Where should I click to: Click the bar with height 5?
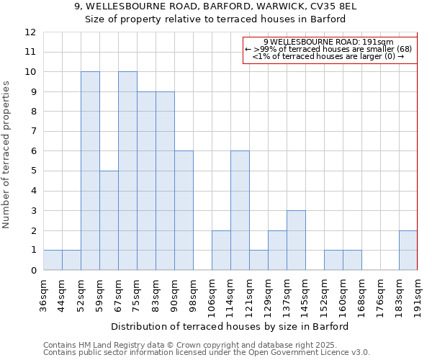[109, 220]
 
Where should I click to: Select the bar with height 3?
[296, 240]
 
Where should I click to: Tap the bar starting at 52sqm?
[90, 171]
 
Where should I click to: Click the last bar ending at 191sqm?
[408, 250]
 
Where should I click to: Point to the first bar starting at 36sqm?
[53, 260]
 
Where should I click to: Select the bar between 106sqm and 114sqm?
[221, 250]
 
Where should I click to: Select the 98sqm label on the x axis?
[193, 295]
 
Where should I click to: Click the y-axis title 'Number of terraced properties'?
[7, 154]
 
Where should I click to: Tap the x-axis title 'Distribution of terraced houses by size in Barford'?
[230, 326]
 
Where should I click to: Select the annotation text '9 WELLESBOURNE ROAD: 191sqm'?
[328, 42]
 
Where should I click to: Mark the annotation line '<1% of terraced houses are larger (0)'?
[328, 56]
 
